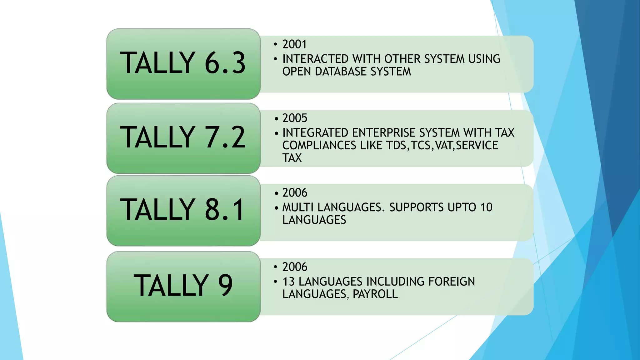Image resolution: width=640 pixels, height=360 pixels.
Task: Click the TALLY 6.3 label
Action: (183, 63)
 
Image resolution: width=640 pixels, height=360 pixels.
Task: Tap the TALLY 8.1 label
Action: (183, 210)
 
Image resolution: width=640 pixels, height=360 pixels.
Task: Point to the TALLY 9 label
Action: (183, 285)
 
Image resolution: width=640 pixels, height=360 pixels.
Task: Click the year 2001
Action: (294, 44)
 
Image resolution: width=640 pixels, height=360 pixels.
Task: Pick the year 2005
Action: (295, 118)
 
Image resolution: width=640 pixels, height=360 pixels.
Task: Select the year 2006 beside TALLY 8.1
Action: (295, 192)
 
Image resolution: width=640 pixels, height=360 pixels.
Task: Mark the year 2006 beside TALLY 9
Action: (295, 267)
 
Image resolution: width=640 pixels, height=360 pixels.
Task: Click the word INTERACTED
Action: (316, 59)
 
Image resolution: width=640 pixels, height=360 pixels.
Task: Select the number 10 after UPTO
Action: (486, 207)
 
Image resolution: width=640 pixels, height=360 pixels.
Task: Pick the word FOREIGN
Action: (452, 282)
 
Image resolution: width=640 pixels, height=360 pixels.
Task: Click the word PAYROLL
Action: (375, 294)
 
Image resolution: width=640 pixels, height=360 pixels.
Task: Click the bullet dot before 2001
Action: (275, 45)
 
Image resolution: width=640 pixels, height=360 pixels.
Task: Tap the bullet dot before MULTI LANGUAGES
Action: (276, 207)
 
